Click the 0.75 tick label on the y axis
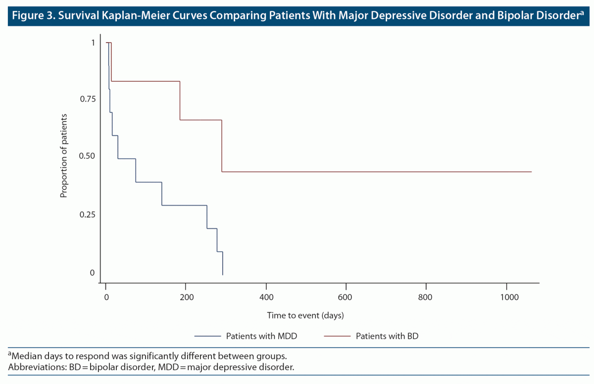click(87, 99)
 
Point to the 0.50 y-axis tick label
click(87, 157)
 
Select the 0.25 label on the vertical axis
click(87, 215)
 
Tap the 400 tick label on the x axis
click(266, 297)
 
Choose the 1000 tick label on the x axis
click(506, 297)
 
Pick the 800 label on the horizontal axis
click(426, 297)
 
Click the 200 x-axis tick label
click(186, 297)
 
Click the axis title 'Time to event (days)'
click(305, 315)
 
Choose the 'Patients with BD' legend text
click(387, 336)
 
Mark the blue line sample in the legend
click(207, 336)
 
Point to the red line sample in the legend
click(337, 336)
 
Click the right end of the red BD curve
click(531, 172)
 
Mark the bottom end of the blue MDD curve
click(223, 274)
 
